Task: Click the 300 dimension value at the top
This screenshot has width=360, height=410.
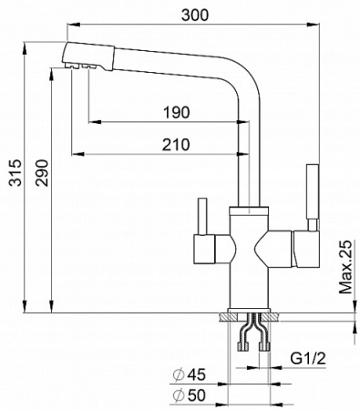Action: click(x=195, y=15)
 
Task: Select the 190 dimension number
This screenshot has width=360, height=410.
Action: click(x=177, y=112)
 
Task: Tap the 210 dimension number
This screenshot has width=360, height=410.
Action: click(x=176, y=145)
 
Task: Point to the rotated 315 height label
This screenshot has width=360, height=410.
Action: click(x=15, y=172)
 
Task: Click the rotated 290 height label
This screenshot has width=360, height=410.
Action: click(x=42, y=172)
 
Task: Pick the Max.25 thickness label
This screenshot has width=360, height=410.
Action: click(x=345, y=267)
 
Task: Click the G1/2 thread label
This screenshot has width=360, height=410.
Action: click(x=308, y=359)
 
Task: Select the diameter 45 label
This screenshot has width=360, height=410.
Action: click(x=190, y=374)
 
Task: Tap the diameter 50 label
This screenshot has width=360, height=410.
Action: click(x=190, y=395)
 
